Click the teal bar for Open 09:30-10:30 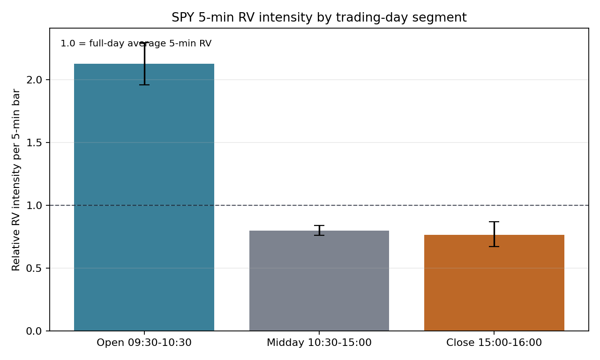pos(144,197)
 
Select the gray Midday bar pos(319,281)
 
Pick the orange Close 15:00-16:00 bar pos(494,283)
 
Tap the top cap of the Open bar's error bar pos(144,43)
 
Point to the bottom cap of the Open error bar pos(144,85)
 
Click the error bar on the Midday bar pos(319,230)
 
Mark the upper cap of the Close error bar pos(494,222)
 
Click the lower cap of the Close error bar pos(494,247)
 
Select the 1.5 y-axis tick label pos(34,142)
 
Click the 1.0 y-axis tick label pos(34,205)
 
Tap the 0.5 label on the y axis pos(34,268)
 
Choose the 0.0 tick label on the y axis pos(34,331)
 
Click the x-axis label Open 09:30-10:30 pos(144,343)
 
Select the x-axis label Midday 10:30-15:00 pos(319,343)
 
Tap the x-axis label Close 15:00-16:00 pos(494,343)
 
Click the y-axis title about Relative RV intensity pos(16,180)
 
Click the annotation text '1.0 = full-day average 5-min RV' pos(136,44)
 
